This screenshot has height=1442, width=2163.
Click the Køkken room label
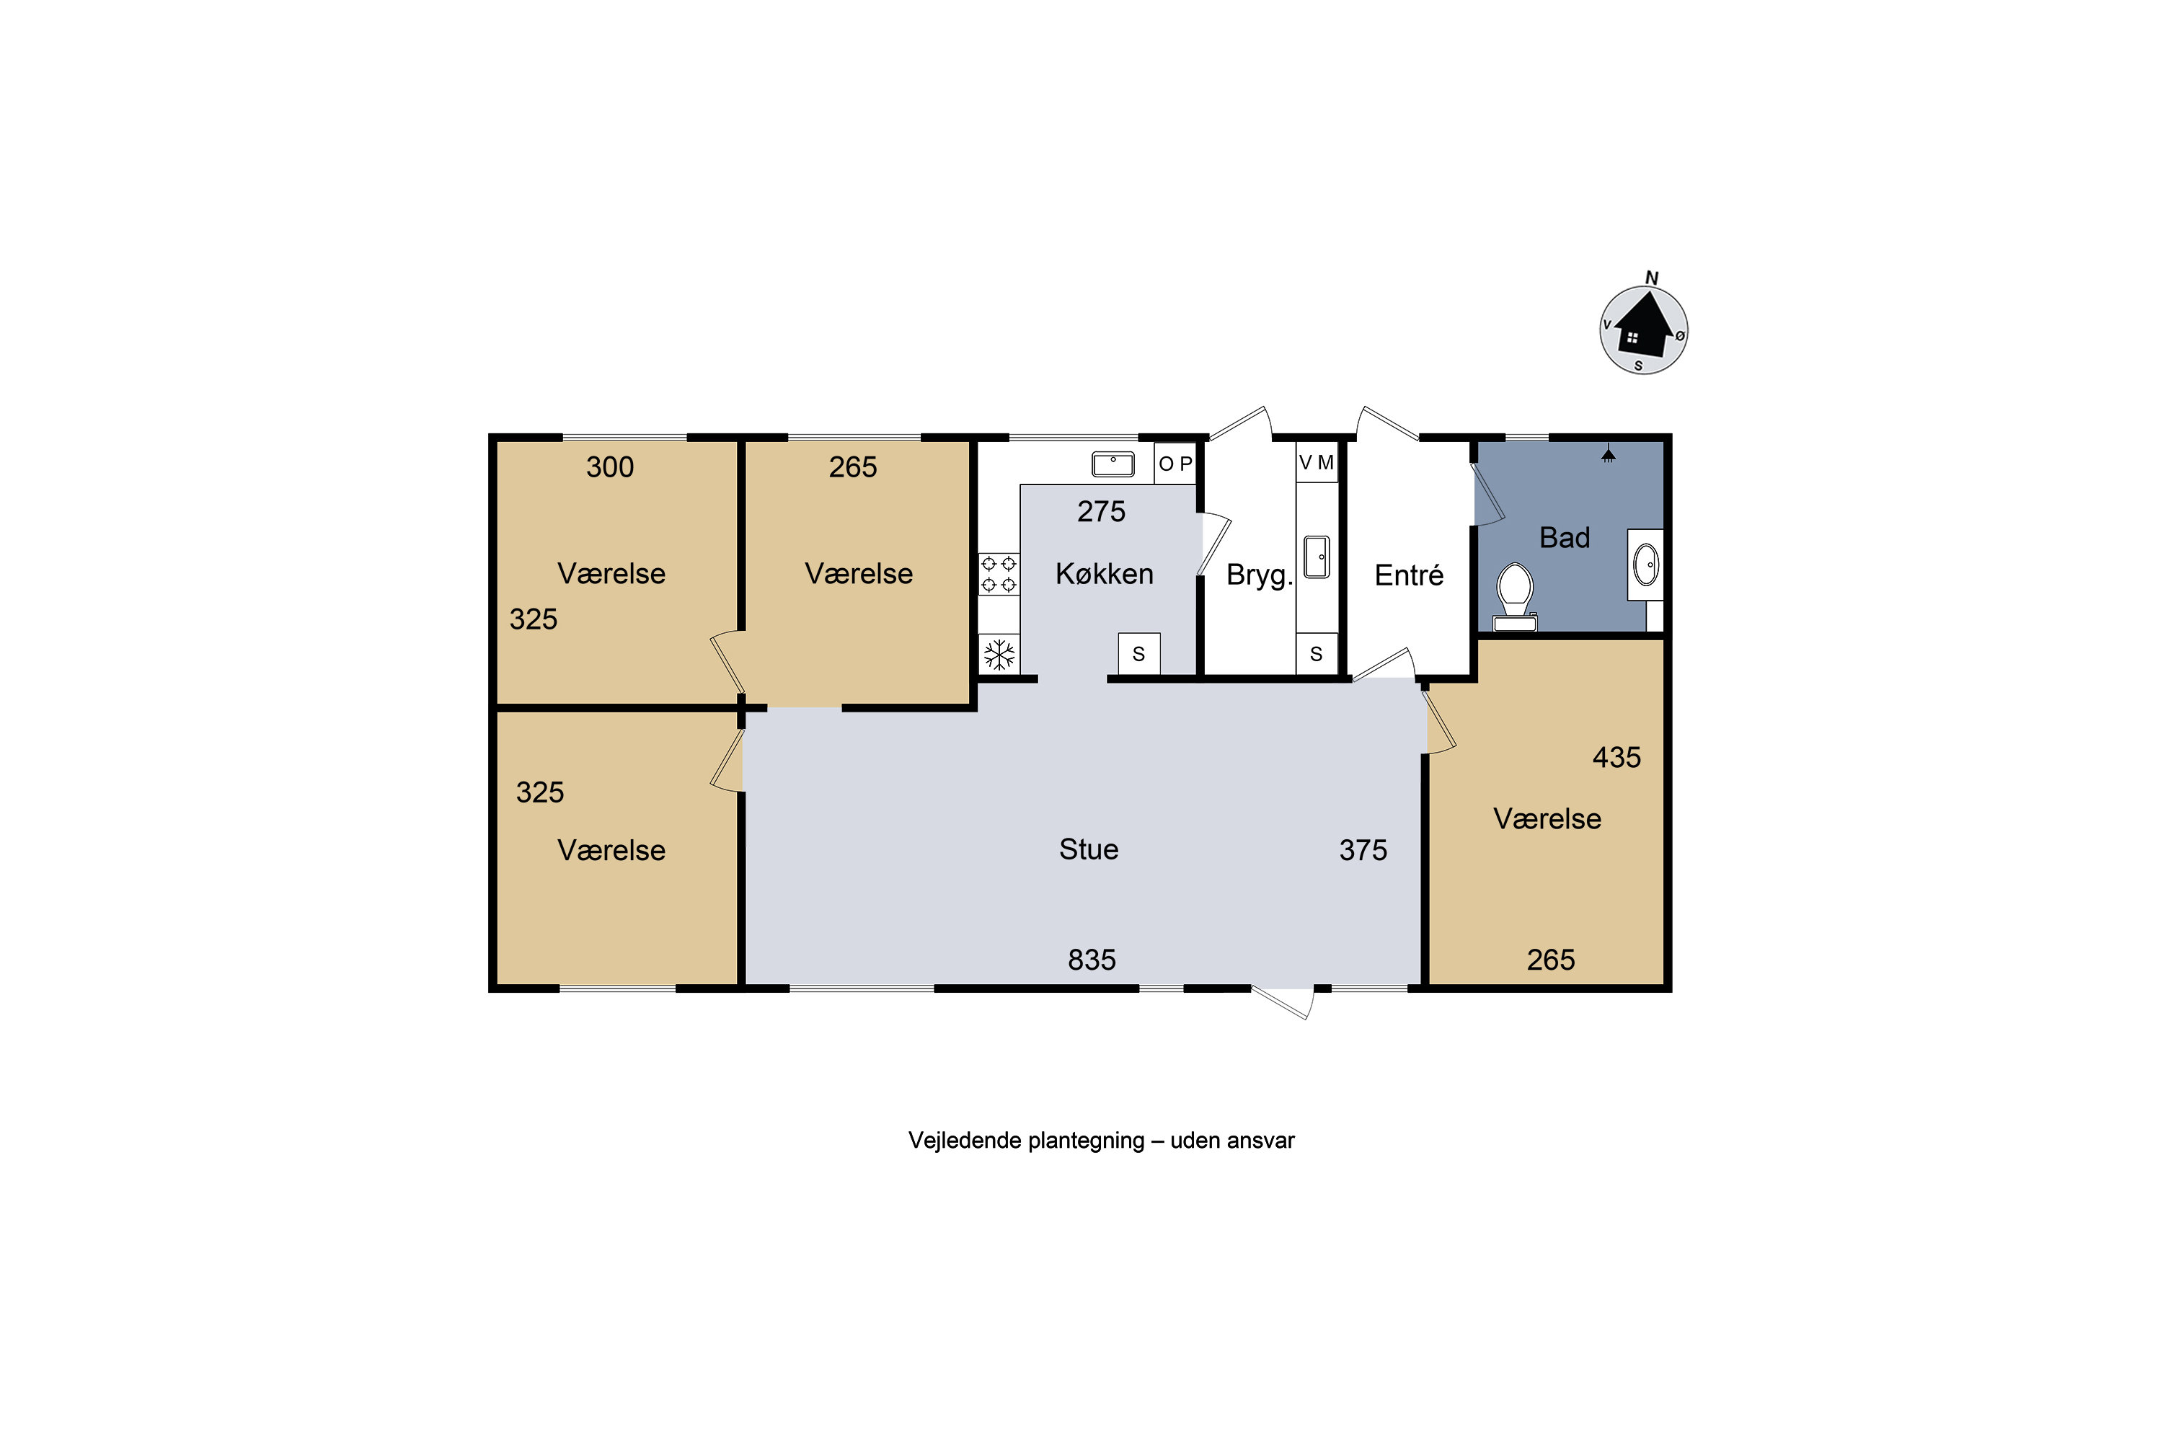click(x=1104, y=574)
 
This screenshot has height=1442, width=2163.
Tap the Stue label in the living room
click(x=1089, y=849)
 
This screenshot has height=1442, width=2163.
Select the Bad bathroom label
click(x=1565, y=537)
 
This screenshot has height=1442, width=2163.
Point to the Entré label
click(x=1409, y=575)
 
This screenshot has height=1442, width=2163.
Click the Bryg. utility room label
click(x=1259, y=575)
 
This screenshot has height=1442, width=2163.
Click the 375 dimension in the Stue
click(x=1363, y=850)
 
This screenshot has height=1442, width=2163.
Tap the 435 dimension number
click(x=1616, y=757)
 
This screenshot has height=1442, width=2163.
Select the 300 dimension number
click(x=610, y=467)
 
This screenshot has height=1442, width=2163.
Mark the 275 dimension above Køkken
click(x=1101, y=511)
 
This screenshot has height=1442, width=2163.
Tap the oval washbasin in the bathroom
click(x=1645, y=565)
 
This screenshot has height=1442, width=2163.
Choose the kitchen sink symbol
click(x=1113, y=464)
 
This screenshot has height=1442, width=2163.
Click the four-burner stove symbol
click(x=999, y=574)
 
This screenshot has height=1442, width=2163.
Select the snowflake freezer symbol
click(x=999, y=655)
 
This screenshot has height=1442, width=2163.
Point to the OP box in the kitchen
click(x=1175, y=464)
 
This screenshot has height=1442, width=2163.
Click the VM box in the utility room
click(x=1316, y=463)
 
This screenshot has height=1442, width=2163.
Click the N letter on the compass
click(x=1652, y=278)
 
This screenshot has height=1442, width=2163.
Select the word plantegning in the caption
click(x=1086, y=1141)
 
